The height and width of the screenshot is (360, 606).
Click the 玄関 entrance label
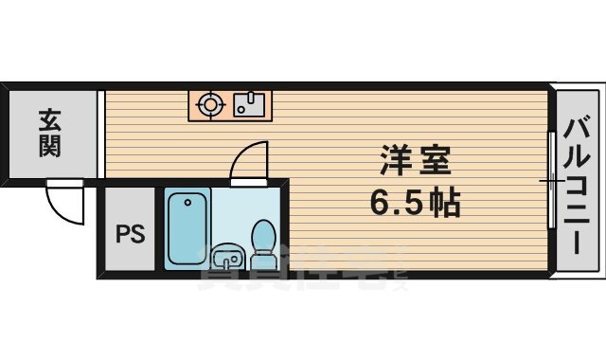pos(51,133)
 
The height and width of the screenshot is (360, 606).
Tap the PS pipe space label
pos(132,233)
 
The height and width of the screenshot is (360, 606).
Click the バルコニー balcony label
pos(579,184)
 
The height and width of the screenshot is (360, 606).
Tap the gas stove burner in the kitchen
pos(209,103)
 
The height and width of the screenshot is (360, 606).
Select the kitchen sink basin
pos(251,104)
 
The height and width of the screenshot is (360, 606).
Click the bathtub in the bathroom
pos(188,227)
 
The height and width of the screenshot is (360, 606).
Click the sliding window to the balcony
pos(551,180)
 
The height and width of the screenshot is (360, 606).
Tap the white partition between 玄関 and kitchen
pos(100,133)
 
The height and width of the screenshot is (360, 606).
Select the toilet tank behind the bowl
pos(264,230)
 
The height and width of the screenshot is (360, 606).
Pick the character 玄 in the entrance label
pos(51,119)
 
